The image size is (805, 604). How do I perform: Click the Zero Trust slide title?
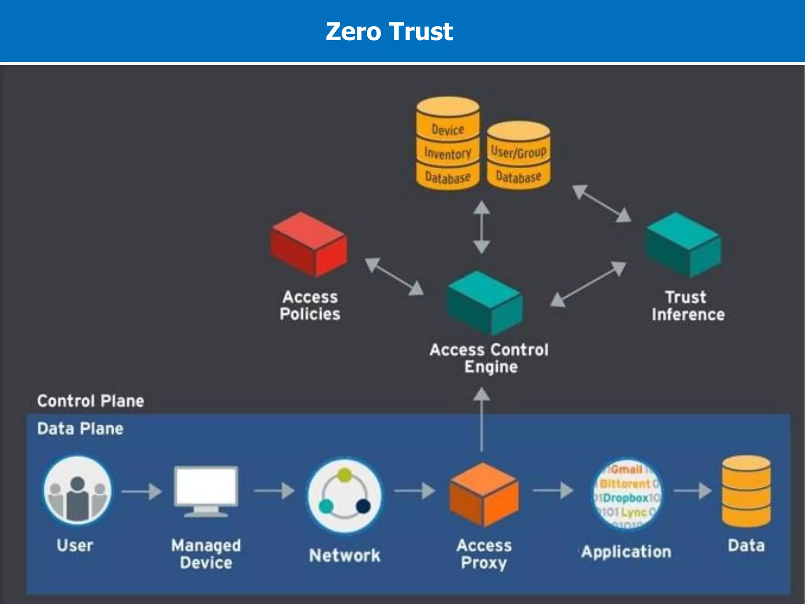tap(389, 31)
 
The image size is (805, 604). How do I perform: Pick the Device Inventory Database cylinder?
tap(448, 144)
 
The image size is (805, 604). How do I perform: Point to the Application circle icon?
tap(627, 494)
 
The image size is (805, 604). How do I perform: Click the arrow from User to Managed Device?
tap(142, 492)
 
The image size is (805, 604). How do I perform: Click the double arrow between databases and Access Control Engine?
tap(482, 227)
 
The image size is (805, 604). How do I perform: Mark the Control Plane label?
tap(91, 401)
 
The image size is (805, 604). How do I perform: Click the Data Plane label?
tap(81, 429)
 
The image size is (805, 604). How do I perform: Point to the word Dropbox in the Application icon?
tap(625, 498)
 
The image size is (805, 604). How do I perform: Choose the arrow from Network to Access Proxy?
tap(415, 490)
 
